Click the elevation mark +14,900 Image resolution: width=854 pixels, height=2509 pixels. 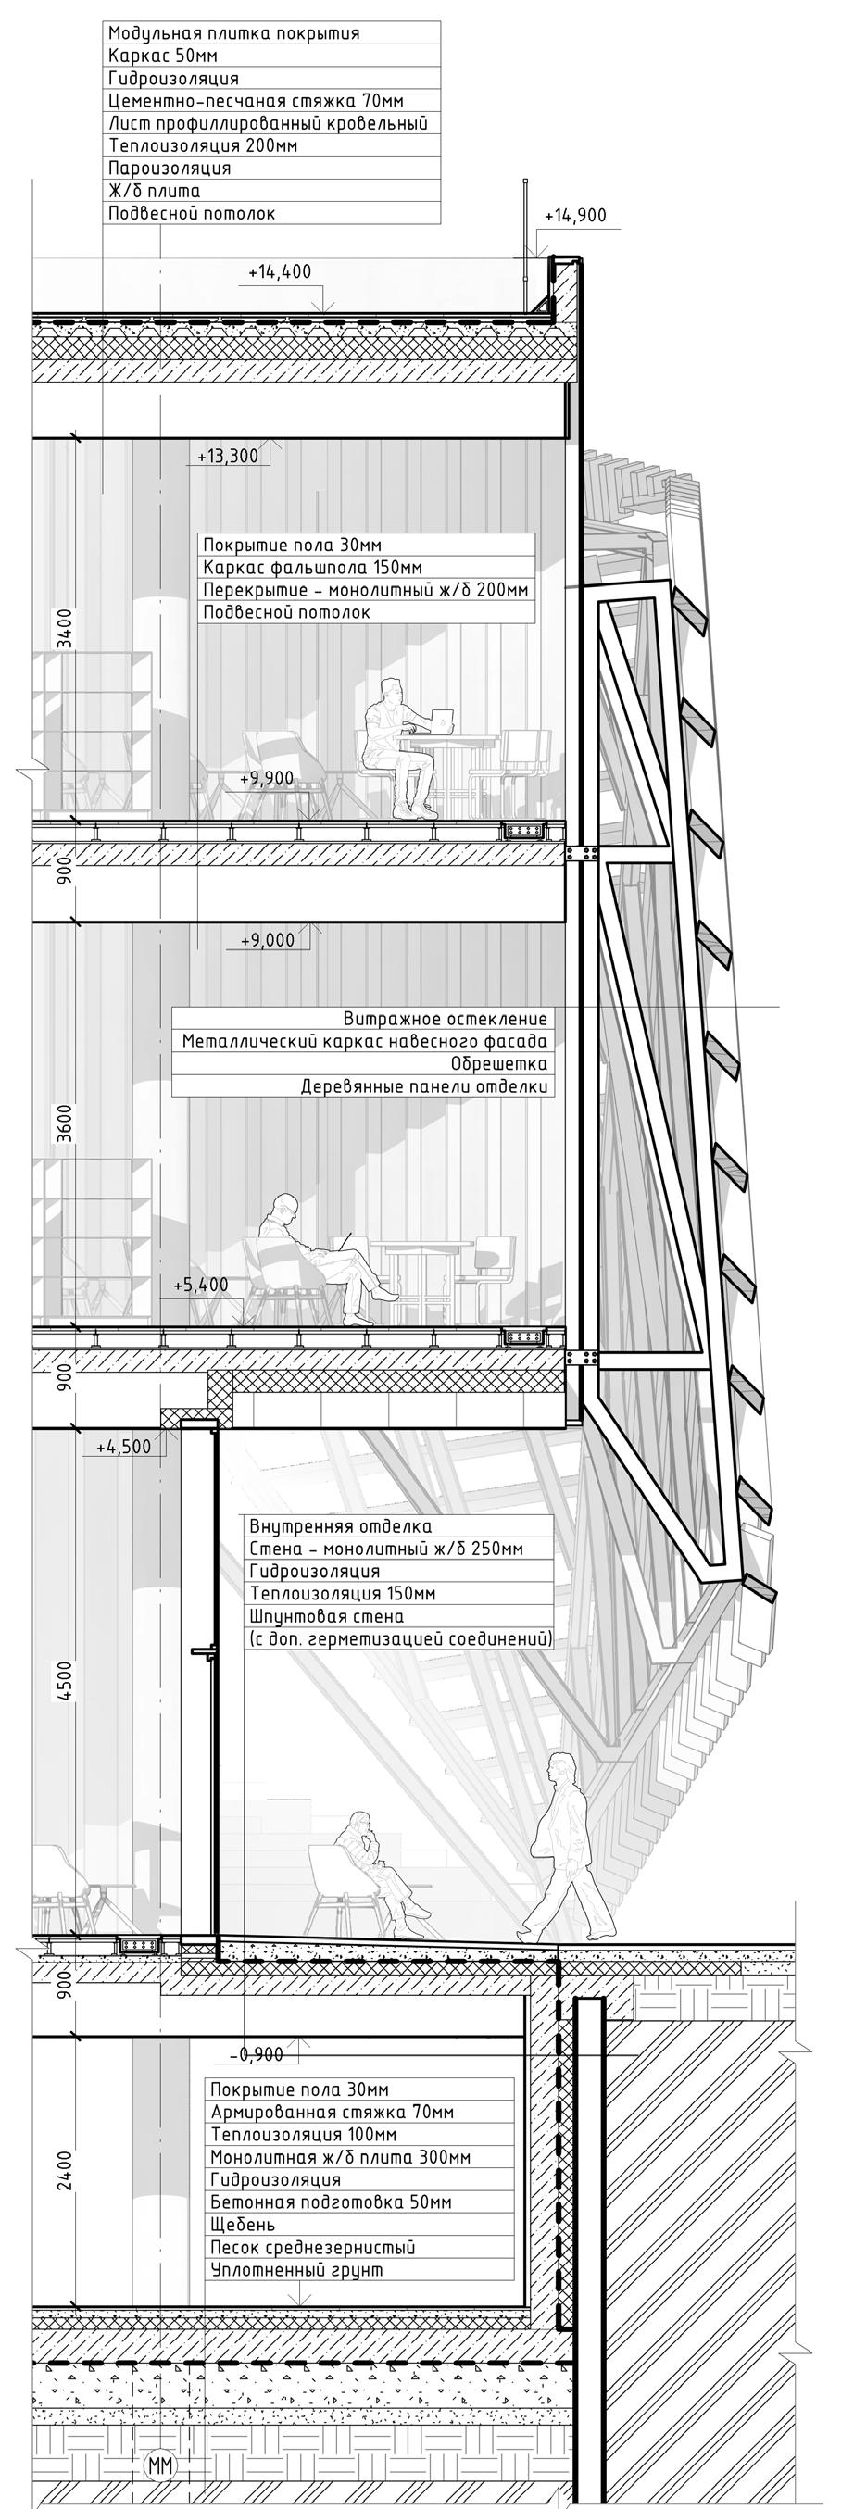coord(574,215)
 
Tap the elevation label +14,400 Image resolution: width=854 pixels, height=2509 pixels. coord(280,272)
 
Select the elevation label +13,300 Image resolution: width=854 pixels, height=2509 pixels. coord(227,456)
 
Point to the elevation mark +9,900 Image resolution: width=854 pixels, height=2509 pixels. coord(266,777)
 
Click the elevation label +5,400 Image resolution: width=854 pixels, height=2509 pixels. coord(201,1285)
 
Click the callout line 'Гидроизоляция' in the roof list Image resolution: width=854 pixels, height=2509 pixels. coord(173,78)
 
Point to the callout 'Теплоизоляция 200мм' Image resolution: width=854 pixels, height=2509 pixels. coord(203,146)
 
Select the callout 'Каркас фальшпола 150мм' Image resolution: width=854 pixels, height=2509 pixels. coord(311,568)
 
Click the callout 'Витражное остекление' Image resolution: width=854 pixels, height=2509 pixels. coord(445,1019)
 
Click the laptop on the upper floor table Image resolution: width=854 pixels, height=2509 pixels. coord(443,721)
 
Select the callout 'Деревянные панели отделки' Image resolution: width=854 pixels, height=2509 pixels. coord(423,1086)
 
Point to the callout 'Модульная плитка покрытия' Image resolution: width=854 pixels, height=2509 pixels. coord(233,33)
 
